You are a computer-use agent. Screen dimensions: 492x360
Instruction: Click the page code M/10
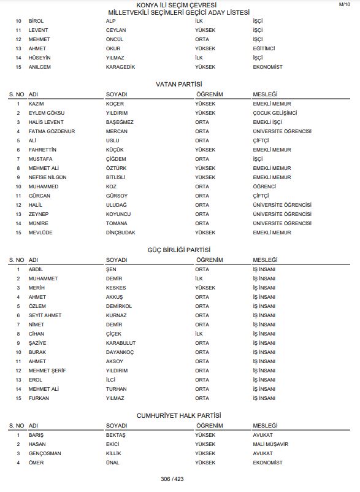[x=345, y=4]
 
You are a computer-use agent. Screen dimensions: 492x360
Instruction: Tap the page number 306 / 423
[x=172, y=479]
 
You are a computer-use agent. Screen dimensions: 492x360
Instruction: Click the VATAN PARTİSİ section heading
[x=179, y=83]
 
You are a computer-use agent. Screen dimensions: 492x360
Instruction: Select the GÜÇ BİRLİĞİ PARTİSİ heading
[x=179, y=250]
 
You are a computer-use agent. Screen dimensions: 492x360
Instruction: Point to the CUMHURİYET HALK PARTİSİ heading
[x=179, y=415]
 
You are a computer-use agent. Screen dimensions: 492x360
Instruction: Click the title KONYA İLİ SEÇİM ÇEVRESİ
[x=179, y=5]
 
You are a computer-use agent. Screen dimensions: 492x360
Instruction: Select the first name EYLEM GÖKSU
[x=47, y=113]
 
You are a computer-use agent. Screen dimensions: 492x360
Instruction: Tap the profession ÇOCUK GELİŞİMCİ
[x=275, y=113]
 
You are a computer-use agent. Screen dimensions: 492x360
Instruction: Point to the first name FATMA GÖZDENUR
[x=52, y=131]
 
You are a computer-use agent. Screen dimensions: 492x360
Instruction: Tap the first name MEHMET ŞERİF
[x=48, y=371]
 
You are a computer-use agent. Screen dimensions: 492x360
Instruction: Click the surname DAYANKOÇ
[x=120, y=352]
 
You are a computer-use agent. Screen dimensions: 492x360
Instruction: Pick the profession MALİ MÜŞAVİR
[x=270, y=444]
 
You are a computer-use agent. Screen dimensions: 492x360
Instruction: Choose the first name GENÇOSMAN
[x=45, y=453]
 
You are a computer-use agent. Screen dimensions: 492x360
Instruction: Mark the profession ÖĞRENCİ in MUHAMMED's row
[x=264, y=186]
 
